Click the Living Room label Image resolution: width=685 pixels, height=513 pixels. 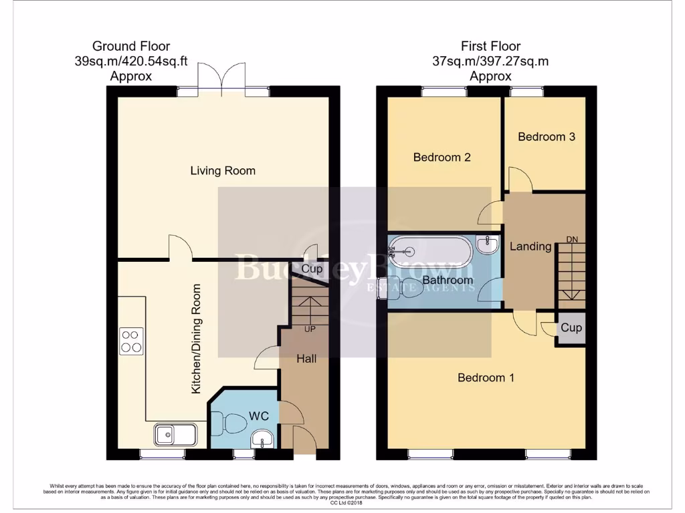(x=223, y=171)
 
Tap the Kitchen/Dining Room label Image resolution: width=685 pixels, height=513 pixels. (x=197, y=339)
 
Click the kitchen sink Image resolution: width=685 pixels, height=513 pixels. (x=175, y=435)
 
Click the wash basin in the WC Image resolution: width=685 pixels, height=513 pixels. (x=262, y=440)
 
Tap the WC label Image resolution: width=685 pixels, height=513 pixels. (x=259, y=416)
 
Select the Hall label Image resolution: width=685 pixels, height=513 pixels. (x=306, y=359)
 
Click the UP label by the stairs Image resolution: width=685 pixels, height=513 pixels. (x=310, y=329)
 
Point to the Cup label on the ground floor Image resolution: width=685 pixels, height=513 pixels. (x=312, y=269)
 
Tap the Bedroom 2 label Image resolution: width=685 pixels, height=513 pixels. (x=442, y=158)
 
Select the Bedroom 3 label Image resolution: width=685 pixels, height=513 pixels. (x=547, y=137)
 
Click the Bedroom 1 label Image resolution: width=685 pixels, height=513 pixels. (x=486, y=378)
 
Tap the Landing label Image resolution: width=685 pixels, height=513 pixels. (x=530, y=246)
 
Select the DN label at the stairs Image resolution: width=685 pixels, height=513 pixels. (x=572, y=239)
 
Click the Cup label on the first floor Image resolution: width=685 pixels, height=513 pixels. (x=571, y=328)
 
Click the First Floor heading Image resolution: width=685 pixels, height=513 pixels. (x=490, y=47)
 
